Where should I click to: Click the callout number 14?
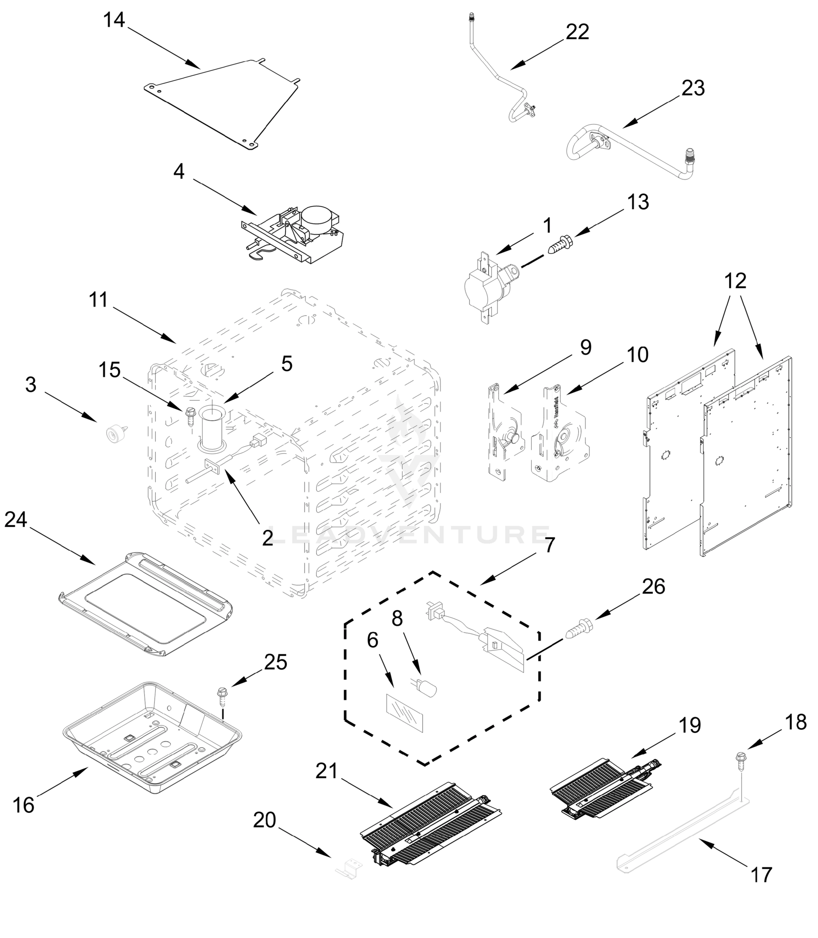[x=114, y=21]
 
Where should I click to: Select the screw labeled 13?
[x=558, y=244]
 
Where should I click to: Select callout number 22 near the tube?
[x=577, y=32]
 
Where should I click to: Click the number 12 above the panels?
[x=735, y=281]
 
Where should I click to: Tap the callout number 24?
[x=16, y=519]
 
